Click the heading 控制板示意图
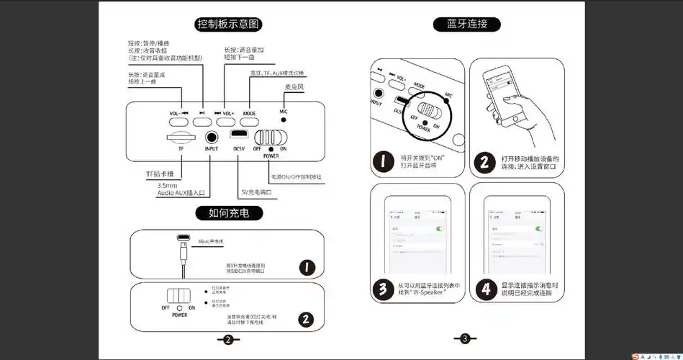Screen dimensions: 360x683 (229, 24)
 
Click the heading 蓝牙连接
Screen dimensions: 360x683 (467, 24)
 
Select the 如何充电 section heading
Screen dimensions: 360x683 (229, 213)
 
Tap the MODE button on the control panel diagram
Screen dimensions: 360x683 (249, 114)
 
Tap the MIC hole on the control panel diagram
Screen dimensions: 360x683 (284, 120)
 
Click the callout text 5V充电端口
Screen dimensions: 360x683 (256, 192)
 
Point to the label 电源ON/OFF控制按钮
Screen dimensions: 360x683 (296, 176)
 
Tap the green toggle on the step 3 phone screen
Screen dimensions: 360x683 (440, 228)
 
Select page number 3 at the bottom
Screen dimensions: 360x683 (464, 338)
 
